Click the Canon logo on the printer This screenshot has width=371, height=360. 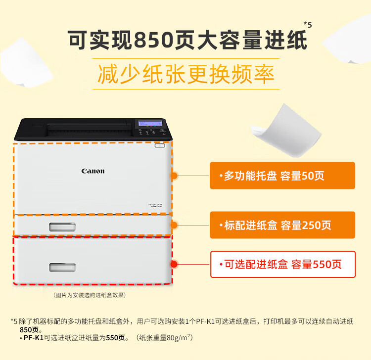93,171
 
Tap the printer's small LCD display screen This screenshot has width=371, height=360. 150,123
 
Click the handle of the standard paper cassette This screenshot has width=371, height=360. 62,227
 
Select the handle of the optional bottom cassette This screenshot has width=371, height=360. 62,267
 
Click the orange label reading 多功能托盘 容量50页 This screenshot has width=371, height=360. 282,176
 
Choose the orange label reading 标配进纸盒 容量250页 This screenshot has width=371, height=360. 282,225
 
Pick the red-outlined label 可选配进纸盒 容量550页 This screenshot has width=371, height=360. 283,264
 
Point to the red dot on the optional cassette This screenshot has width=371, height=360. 174,264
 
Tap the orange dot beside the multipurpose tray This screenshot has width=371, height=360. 174,176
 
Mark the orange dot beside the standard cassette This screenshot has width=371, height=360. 174,225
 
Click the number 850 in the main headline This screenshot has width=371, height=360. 154,40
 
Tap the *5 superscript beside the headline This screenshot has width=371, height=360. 308,25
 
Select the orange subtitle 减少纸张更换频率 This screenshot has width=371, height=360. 186,74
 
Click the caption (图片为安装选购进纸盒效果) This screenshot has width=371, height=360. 90,295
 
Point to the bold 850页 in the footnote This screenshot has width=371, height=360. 29,329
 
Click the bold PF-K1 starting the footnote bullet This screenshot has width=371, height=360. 34,338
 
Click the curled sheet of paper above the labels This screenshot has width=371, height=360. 286,131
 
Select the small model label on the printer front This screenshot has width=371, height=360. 155,206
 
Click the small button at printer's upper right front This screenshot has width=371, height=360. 160,145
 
